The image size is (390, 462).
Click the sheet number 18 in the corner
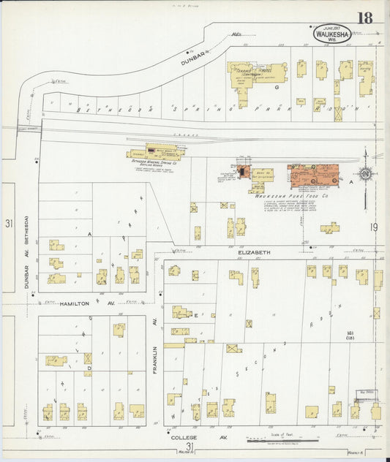pos(364,18)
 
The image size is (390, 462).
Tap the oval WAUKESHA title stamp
pos(332,33)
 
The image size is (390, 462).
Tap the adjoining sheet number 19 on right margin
pos(373,228)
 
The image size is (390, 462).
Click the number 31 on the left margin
pos(8,223)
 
